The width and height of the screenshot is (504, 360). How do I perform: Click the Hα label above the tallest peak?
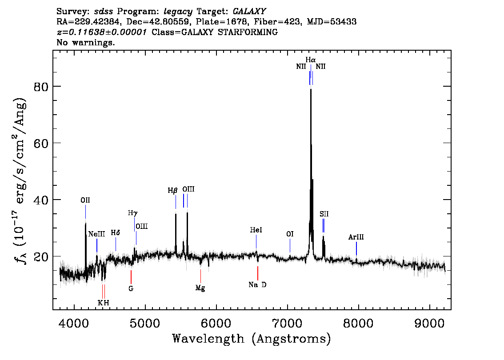[310, 60]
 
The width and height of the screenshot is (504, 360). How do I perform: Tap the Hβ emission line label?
[172, 191]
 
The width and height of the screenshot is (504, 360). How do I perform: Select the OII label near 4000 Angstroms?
[85, 200]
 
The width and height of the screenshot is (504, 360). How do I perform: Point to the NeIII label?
[96, 234]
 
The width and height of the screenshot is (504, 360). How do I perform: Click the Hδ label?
[116, 232]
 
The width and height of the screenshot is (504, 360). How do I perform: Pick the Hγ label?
[132, 213]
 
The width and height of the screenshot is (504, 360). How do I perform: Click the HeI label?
[256, 230]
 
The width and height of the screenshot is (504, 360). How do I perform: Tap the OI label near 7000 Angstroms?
[290, 234]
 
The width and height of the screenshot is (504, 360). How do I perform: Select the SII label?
[324, 214]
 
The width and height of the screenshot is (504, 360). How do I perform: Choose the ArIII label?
[356, 237]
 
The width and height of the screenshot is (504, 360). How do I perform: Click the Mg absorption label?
[200, 288]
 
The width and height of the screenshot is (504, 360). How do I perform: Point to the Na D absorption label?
[257, 285]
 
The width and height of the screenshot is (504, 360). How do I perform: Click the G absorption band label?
[131, 288]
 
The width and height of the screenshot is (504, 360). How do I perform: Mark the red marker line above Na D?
[258, 273]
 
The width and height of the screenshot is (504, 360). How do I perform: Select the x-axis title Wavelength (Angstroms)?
[252, 339]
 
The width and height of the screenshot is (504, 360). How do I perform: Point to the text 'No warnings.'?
[86, 43]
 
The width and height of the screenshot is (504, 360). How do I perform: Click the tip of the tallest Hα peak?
[311, 89]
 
